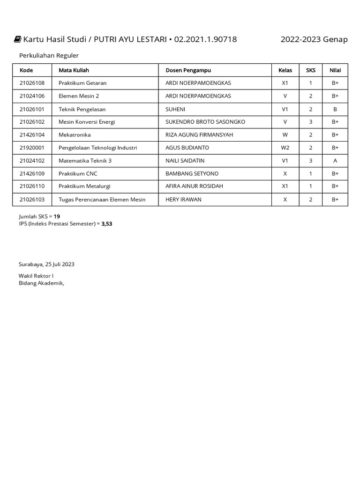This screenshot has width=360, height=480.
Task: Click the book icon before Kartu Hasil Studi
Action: click(17, 39)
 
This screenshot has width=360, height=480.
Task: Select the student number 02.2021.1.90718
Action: click(205, 39)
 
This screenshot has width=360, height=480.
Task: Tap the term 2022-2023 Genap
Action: click(314, 39)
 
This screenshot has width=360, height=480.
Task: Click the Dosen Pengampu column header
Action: click(188, 70)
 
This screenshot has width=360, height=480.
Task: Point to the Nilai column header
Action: click(335, 70)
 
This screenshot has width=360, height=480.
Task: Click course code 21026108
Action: click(32, 83)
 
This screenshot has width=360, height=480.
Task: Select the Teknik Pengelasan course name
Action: click(82, 109)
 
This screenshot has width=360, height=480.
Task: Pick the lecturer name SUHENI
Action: click(176, 109)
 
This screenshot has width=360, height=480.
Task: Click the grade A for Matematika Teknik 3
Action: click(335, 161)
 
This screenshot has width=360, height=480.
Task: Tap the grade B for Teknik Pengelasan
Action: click(335, 109)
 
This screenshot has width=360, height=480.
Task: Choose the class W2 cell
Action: click(285, 148)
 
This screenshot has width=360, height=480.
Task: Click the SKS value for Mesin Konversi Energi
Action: click(311, 122)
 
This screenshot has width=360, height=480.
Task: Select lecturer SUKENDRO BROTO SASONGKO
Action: click(205, 122)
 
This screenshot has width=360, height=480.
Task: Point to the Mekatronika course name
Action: click(75, 135)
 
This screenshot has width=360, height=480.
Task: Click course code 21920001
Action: click(32, 148)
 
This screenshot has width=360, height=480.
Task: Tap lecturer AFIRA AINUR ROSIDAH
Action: click(195, 186)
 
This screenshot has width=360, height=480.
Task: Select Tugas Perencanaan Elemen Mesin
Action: click(102, 199)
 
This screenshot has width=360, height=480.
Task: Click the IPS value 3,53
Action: click(107, 224)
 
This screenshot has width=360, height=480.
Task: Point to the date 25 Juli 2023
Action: click(60, 264)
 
